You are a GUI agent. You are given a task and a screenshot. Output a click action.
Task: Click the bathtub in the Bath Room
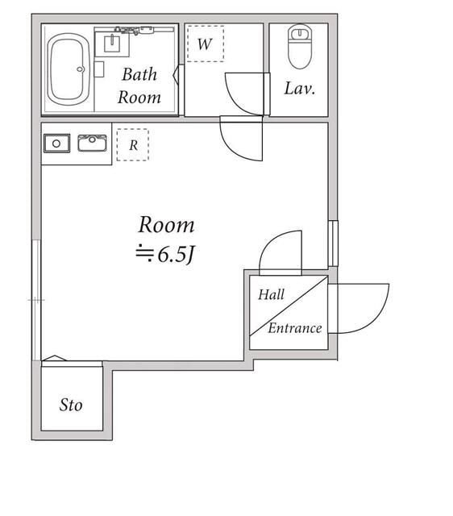coord(69,69)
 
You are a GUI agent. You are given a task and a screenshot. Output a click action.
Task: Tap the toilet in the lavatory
coord(300,47)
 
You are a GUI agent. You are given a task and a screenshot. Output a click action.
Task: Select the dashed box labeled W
coord(206,44)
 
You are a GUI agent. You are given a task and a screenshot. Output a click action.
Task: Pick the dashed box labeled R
coord(132,145)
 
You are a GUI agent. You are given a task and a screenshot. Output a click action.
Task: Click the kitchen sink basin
coord(92,144)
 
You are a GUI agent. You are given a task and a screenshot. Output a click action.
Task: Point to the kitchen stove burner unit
coord(56,144)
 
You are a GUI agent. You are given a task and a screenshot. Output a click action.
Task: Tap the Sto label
coord(71,405)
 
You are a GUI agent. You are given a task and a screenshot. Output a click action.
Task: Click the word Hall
coord(271,294)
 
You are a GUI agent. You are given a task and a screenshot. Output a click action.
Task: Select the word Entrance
coord(295,328)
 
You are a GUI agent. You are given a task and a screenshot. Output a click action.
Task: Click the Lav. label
coord(300,88)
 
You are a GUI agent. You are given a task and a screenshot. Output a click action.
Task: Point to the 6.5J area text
coord(166,255)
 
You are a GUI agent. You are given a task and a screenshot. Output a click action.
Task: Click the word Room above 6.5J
coord(166,225)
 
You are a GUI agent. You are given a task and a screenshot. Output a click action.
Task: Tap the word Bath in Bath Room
coord(139,74)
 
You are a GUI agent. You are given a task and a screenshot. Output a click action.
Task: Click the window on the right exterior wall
coord(333,243)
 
